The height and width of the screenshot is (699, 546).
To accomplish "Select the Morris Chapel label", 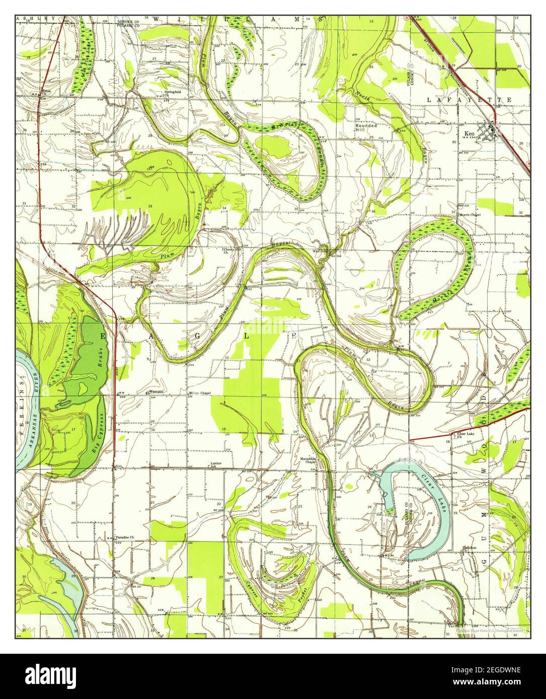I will pyautogui.click(x=469, y=215).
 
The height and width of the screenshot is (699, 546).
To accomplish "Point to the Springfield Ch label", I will pyautogui.click(x=170, y=93).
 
